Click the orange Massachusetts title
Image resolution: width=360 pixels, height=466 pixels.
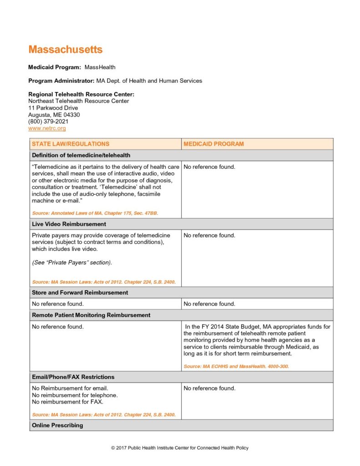tap(66, 50)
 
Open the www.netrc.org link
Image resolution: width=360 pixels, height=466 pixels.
tap(47, 129)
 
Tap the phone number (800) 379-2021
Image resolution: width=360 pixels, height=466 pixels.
tap(48, 122)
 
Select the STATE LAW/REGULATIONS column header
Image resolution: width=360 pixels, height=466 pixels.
tap(71, 144)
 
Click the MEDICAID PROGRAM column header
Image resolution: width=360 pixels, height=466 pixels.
tap(213, 144)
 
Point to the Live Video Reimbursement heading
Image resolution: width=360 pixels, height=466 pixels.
tap(69, 224)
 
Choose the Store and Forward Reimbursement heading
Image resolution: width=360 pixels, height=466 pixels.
tap(81, 293)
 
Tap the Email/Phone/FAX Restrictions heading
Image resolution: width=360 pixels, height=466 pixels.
tap(73, 377)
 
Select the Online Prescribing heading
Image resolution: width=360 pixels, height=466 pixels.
tap(57, 425)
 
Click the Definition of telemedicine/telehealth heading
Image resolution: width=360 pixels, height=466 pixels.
tap(81, 155)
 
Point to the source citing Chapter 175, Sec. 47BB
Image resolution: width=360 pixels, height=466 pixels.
tap(95, 213)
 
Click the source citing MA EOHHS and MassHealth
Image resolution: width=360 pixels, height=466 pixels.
tap(236, 366)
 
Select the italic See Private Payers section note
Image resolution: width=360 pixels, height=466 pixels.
tap(72, 263)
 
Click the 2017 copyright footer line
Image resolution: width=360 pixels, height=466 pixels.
tap(180, 448)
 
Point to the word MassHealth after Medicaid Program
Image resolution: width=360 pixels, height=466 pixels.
tap(100, 67)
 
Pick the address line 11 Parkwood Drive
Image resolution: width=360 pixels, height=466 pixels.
tap(53, 108)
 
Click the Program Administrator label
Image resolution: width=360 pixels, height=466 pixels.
tap(61, 81)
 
